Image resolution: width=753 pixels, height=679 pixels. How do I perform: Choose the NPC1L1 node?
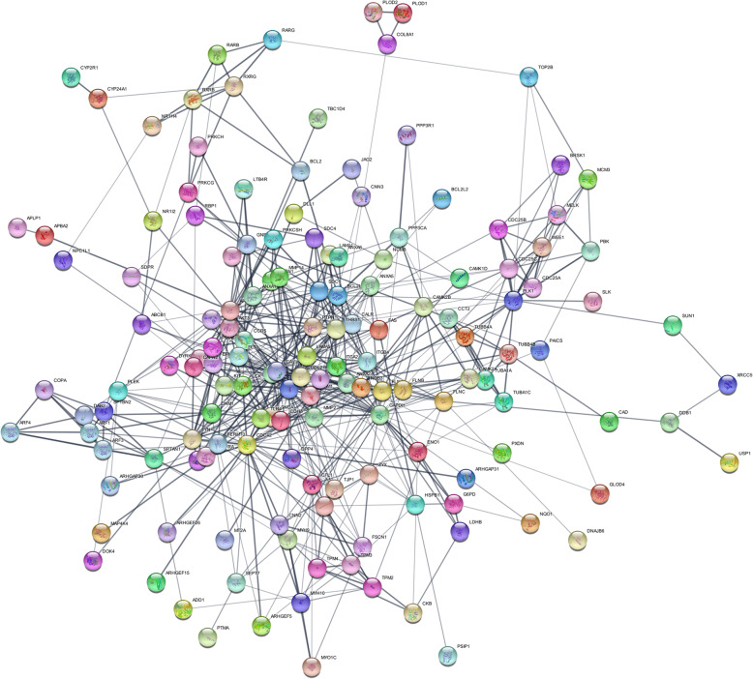click(x=65, y=260)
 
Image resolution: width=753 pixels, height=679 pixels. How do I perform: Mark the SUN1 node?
click(x=674, y=325)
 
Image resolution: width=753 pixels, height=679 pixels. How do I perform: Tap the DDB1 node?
click(x=670, y=423)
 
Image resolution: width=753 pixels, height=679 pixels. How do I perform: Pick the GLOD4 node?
click(x=600, y=494)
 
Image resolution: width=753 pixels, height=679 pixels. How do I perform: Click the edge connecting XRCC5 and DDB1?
click(x=698, y=403)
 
